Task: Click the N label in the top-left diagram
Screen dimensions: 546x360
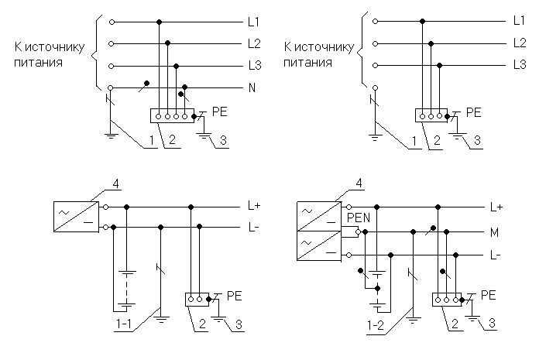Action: pos(252,87)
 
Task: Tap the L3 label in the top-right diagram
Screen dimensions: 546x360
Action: pos(520,64)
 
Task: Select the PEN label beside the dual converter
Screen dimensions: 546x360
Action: pos(359,218)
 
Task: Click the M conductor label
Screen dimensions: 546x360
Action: pos(494,232)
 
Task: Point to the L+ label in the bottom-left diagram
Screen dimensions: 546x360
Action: pos(254,206)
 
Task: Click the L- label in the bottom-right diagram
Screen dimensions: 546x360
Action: pos(496,255)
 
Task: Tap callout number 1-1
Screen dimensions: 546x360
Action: pos(124,324)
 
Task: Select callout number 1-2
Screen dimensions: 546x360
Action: pos(376,325)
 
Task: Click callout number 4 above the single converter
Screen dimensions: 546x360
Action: pos(115,183)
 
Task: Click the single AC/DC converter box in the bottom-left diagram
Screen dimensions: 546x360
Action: pos(76,217)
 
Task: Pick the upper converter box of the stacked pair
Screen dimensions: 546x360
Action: pos(318,217)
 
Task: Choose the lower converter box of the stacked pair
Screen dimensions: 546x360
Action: pos(318,245)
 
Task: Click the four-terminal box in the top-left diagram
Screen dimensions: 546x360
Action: pos(172,115)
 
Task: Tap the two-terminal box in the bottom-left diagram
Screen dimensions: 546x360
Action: pos(197,300)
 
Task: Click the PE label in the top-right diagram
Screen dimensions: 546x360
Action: pos(473,112)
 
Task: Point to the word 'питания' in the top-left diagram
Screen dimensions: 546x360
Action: pos(38,63)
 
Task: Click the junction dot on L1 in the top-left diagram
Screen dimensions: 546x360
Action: pos(159,22)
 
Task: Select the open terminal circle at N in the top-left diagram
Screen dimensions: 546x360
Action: pos(111,87)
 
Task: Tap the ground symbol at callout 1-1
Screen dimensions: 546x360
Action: pos(161,319)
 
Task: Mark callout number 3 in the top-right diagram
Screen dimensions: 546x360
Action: pos(477,140)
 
